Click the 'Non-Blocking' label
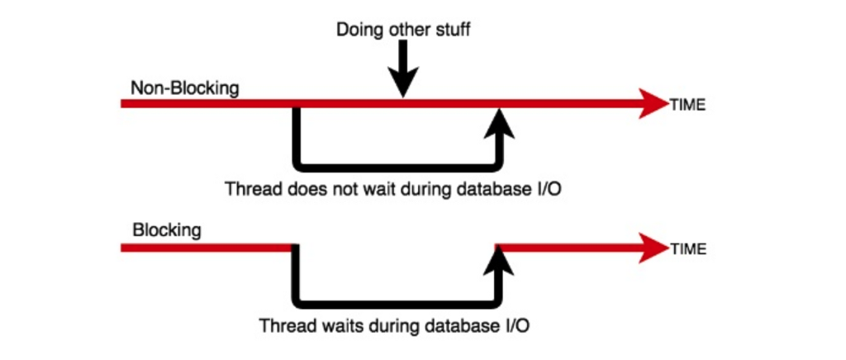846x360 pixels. coord(184,88)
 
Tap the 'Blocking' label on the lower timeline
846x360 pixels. coord(166,230)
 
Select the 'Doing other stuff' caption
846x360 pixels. coord(403,31)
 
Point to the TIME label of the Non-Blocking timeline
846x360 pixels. coord(688,106)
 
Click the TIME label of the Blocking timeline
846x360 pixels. coord(688,249)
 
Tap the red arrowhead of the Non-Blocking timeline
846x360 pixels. coord(654,104)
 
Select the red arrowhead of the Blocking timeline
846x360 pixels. coord(654,247)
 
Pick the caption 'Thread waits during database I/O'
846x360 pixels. coord(395,325)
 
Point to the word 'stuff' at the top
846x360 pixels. coord(453,31)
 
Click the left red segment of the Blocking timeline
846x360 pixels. coord(207,247)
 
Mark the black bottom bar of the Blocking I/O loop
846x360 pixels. coord(397,301)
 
